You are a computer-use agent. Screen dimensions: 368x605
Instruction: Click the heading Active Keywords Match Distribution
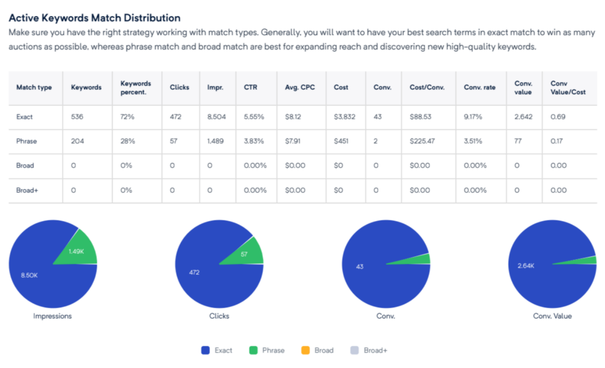click(95, 18)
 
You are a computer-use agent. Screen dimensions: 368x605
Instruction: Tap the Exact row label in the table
click(24, 117)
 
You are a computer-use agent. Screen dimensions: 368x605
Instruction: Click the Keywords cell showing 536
click(77, 117)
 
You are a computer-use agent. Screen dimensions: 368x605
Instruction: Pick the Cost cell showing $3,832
click(344, 117)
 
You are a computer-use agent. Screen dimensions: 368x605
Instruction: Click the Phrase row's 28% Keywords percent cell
click(127, 141)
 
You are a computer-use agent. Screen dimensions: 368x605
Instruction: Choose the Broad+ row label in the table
click(27, 190)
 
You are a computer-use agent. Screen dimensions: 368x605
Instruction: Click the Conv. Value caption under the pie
click(552, 316)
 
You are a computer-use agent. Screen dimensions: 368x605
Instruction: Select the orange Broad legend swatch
click(305, 350)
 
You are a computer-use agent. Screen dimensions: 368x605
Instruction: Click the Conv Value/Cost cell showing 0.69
click(558, 117)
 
